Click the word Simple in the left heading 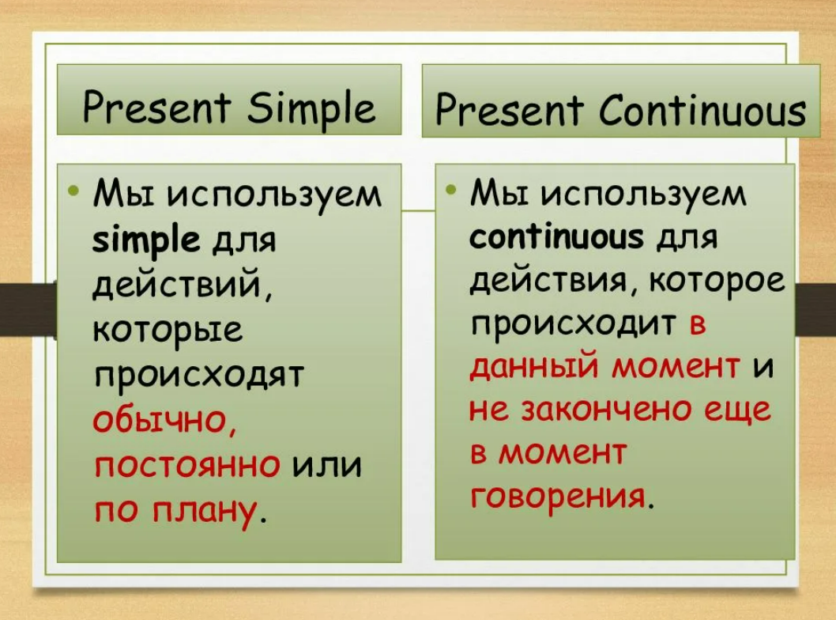311,108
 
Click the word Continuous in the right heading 702,111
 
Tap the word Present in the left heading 156,106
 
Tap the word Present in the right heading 509,111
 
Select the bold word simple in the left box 146,240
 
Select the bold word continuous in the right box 556,236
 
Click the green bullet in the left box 73,190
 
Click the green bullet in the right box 451,189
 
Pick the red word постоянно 187,465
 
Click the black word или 327,465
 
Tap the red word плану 204,512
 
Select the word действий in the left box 181,285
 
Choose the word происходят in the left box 198,376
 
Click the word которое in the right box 717,281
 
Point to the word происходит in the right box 573,325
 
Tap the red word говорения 558,497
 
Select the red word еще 738,410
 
